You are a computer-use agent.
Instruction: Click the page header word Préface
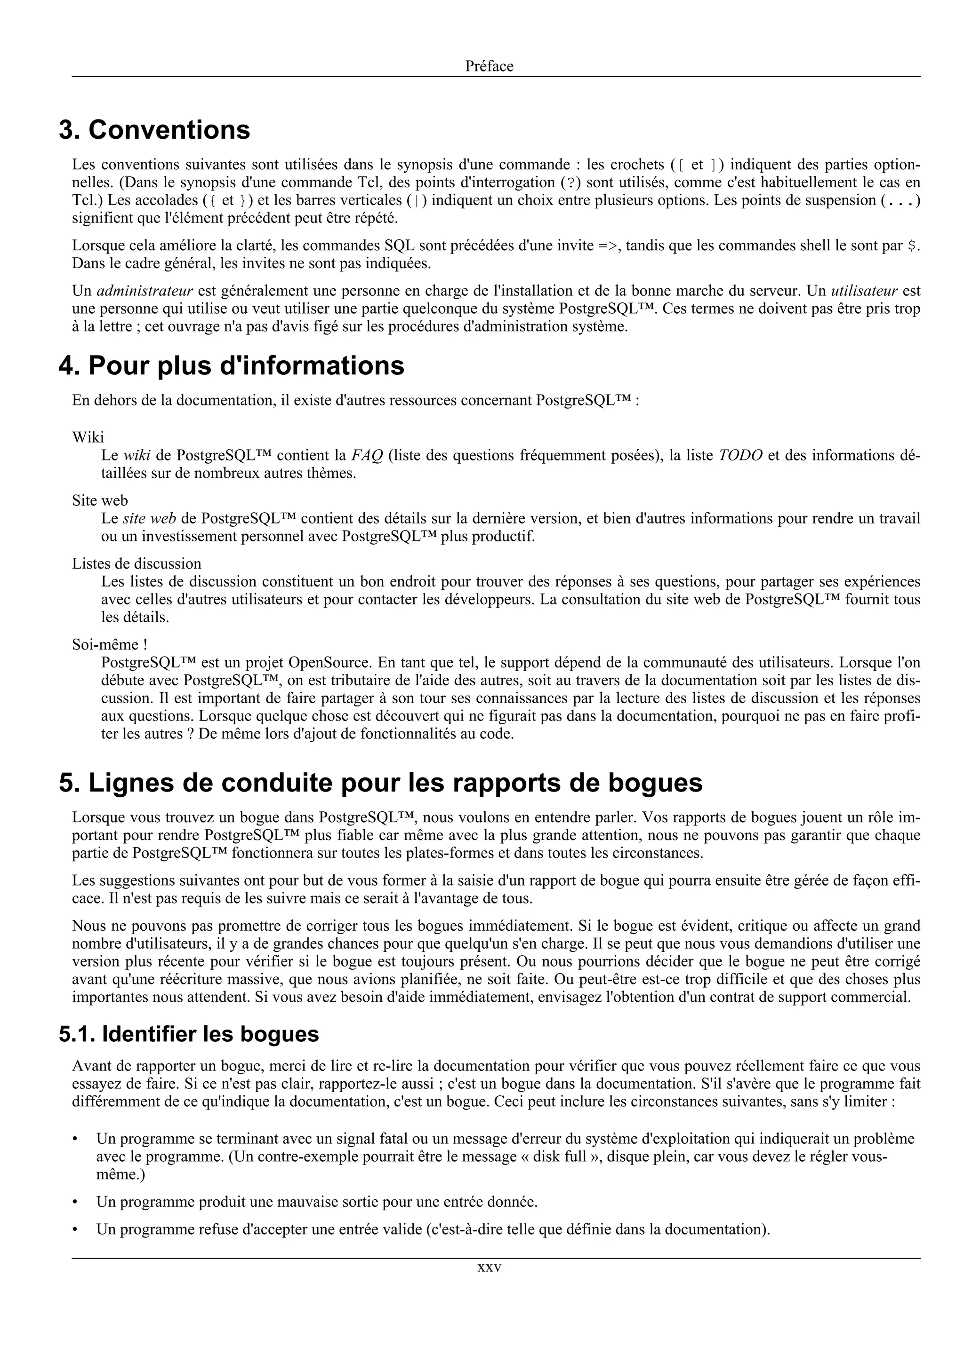point(489,66)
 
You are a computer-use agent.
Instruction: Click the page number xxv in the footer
point(490,1268)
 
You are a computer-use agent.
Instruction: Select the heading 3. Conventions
point(154,130)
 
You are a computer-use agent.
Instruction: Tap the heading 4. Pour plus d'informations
point(231,366)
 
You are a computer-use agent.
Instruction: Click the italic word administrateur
point(145,291)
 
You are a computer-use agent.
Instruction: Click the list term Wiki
point(88,437)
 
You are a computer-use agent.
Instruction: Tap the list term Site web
point(100,500)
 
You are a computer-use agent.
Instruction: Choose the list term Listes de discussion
point(137,563)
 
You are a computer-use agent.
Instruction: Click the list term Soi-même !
point(109,644)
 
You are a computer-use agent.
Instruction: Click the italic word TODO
point(740,455)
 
